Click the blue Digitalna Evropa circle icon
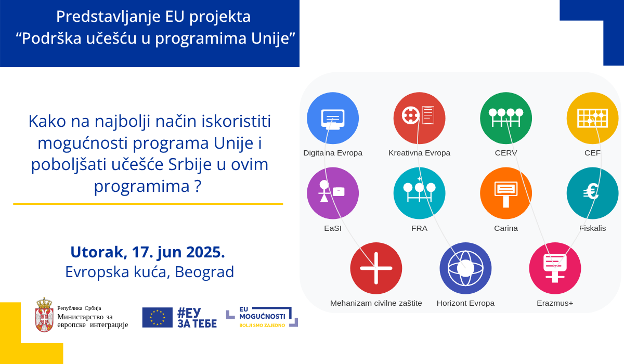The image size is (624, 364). pyautogui.click(x=333, y=118)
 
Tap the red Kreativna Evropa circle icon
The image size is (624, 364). pyautogui.click(x=419, y=118)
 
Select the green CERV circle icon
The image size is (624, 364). pyautogui.click(x=506, y=118)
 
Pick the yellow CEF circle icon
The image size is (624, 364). pyautogui.click(x=592, y=118)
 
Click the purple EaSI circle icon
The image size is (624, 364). pyautogui.click(x=333, y=193)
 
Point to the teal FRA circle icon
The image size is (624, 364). pyautogui.click(x=419, y=193)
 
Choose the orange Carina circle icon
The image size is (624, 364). pyautogui.click(x=506, y=193)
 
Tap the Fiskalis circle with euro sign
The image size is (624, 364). pyautogui.click(x=592, y=193)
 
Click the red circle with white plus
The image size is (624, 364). pyautogui.click(x=376, y=268)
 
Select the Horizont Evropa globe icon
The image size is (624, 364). pyautogui.click(x=465, y=268)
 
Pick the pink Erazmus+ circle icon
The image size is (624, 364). pyautogui.click(x=555, y=268)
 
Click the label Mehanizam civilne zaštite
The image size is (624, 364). pyautogui.click(x=376, y=303)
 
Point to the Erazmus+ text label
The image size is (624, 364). pyautogui.click(x=555, y=303)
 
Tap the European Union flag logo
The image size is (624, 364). pyautogui.click(x=158, y=318)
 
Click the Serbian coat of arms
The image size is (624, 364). pyautogui.click(x=44, y=315)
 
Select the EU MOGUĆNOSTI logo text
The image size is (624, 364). pyautogui.click(x=262, y=313)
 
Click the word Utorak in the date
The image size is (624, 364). pyautogui.click(x=97, y=252)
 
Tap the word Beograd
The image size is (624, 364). pyautogui.click(x=204, y=272)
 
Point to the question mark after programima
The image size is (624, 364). pyautogui.click(x=198, y=186)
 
